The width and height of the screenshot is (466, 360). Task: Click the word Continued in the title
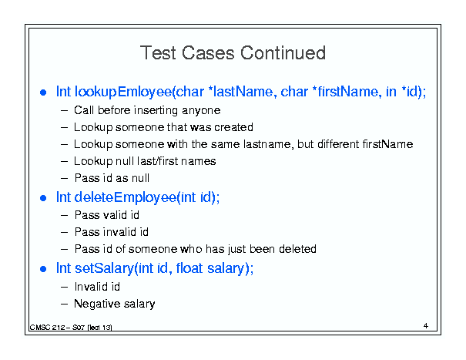tap(283, 53)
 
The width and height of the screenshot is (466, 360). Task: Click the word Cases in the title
tap(208, 53)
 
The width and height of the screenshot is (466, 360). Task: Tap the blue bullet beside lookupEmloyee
tap(43, 93)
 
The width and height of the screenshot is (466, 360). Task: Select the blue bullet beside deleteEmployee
tap(43, 198)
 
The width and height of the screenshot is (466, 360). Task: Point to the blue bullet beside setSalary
tap(43, 269)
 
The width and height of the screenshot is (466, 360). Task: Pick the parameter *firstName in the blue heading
tap(347, 91)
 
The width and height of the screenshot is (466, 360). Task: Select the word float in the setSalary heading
tap(189, 268)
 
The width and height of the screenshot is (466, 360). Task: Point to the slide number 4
tap(426, 326)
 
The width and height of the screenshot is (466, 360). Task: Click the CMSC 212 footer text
tap(71, 328)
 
